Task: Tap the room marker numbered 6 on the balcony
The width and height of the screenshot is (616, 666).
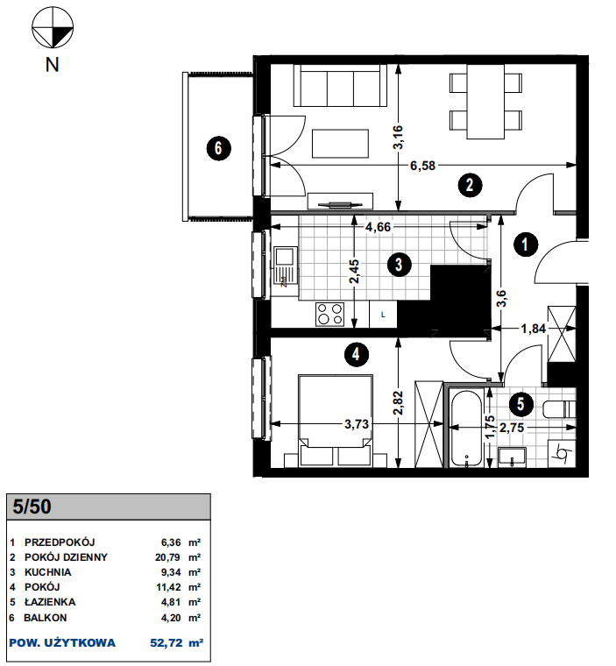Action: click(x=219, y=148)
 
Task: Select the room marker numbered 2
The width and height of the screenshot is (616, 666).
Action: click(x=470, y=184)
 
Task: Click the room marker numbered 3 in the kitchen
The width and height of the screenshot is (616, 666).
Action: click(x=398, y=263)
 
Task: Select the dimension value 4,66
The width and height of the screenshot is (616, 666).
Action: click(x=378, y=227)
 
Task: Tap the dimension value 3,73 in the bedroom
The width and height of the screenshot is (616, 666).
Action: click(x=356, y=424)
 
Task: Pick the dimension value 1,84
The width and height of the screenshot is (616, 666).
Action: click(x=534, y=329)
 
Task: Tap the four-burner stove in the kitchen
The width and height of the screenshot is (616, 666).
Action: click(x=330, y=314)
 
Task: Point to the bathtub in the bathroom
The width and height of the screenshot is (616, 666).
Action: click(x=464, y=429)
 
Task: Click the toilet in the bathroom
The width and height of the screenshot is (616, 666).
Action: click(x=558, y=408)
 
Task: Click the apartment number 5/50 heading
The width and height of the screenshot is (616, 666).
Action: click(x=32, y=506)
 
